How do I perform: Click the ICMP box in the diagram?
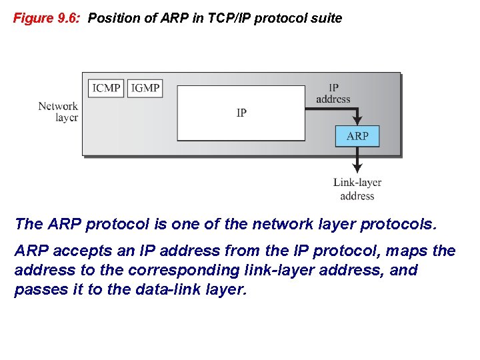[106, 88]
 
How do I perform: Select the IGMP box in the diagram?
[145, 88]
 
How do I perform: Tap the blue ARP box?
[357, 136]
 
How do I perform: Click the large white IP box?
[241, 113]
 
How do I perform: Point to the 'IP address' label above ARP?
[333, 93]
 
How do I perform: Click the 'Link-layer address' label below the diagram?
[357, 189]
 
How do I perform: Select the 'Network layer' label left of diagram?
[58, 111]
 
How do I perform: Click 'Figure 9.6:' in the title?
[47, 18]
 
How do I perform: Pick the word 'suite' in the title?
[326, 18]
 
